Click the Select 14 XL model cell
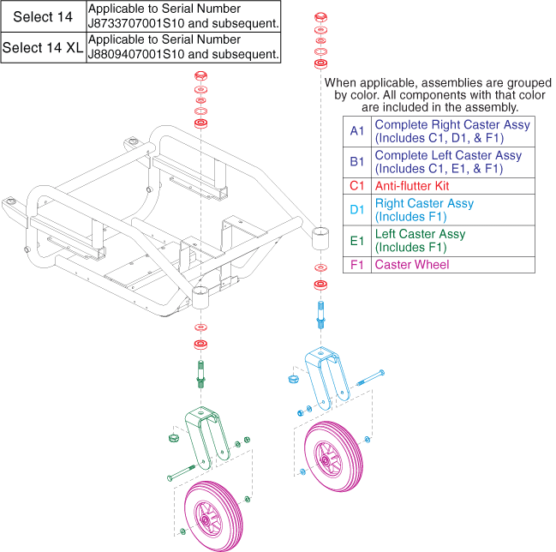43,48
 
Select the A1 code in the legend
356,131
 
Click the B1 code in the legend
356,162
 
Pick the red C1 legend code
356,186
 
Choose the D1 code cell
356,210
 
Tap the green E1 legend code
356,240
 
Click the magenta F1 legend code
356,265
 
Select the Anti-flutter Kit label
412,186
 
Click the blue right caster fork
326,369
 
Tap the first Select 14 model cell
43,16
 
